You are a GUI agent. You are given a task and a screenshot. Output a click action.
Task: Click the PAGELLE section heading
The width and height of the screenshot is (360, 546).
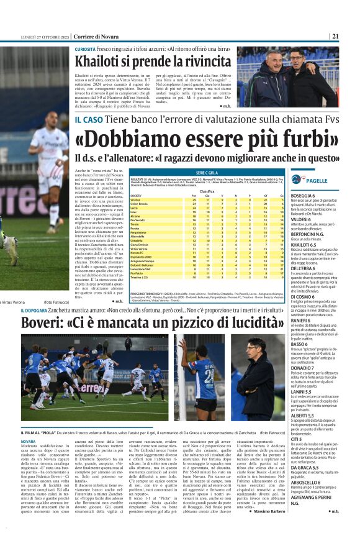317,181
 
